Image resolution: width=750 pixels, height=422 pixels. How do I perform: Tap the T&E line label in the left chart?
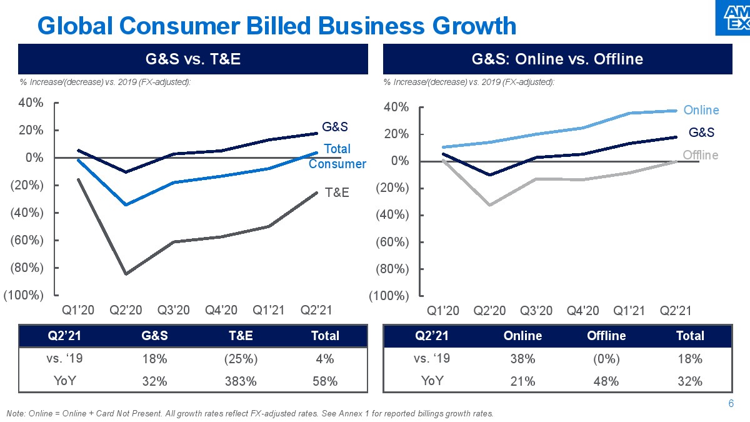tap(336, 193)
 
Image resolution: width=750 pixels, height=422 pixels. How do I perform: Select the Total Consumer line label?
tap(337, 156)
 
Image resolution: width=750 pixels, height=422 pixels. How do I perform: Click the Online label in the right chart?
tap(701, 110)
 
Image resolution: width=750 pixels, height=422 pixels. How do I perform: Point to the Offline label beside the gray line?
tap(700, 155)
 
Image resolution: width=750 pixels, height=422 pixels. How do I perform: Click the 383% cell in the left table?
tap(240, 381)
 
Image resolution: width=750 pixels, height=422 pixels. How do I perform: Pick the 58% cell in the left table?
tap(325, 381)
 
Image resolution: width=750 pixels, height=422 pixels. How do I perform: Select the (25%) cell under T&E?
tap(240, 359)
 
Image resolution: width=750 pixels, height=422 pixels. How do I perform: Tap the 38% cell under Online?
tap(522, 359)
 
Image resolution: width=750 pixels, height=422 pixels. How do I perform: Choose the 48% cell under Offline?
tap(606, 381)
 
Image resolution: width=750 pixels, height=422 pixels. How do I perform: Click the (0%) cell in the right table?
tap(606, 359)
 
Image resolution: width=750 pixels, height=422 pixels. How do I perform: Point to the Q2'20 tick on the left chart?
tap(126, 310)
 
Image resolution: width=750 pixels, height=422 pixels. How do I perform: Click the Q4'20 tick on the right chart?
tap(582, 311)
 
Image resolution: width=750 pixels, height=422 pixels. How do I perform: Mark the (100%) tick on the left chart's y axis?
tap(24, 295)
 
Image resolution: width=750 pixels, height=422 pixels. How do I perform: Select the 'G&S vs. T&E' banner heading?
tap(192, 59)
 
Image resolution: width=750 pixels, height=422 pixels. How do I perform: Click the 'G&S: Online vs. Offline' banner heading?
tap(557, 59)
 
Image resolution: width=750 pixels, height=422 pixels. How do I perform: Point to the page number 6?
tap(731, 403)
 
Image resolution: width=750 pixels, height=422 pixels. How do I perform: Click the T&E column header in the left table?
tap(240, 336)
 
